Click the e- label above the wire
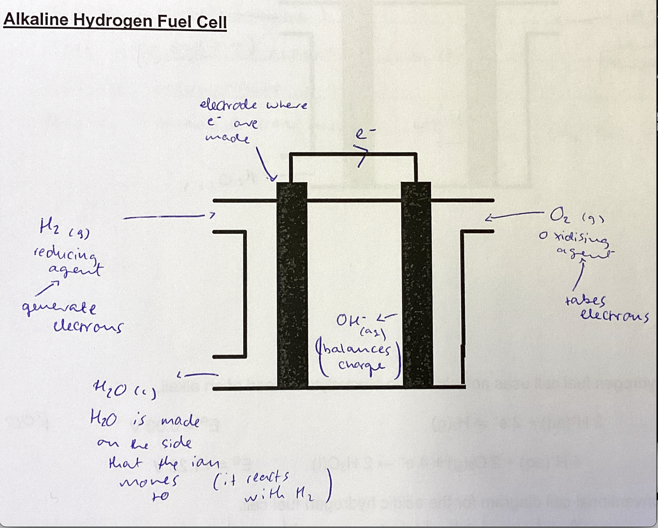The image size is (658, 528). [x=361, y=135]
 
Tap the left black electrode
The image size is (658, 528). [x=292, y=285]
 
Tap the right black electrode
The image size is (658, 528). [x=417, y=285]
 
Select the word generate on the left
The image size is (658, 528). [x=59, y=309]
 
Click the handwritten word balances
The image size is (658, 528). [x=355, y=350]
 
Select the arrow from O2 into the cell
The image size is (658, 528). [x=513, y=215]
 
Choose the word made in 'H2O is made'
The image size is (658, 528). [x=180, y=421]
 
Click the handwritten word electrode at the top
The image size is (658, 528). [x=228, y=105]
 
